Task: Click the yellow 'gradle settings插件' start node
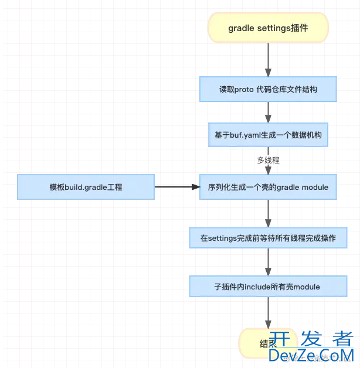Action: pyautogui.click(x=268, y=28)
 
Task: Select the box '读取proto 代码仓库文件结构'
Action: pyautogui.click(x=268, y=90)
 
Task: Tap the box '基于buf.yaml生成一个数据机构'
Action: pyautogui.click(x=268, y=135)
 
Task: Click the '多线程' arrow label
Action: pyautogui.click(x=268, y=159)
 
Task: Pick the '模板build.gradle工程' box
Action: pyautogui.click(x=86, y=187)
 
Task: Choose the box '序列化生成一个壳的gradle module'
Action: pyautogui.click(x=268, y=187)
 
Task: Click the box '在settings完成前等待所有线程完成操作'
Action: pyautogui.click(x=268, y=238)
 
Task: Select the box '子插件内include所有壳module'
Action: pyautogui.click(x=268, y=287)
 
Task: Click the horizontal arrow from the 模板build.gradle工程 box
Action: pyautogui.click(x=176, y=187)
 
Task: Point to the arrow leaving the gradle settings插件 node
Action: pyautogui.click(x=268, y=59)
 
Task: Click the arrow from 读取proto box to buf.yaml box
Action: pyautogui.click(x=268, y=112)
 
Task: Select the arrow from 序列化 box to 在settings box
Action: pyautogui.click(x=268, y=213)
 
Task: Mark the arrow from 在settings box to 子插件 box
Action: pyautogui.click(x=268, y=262)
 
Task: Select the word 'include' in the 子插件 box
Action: pyautogui.click(x=256, y=287)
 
